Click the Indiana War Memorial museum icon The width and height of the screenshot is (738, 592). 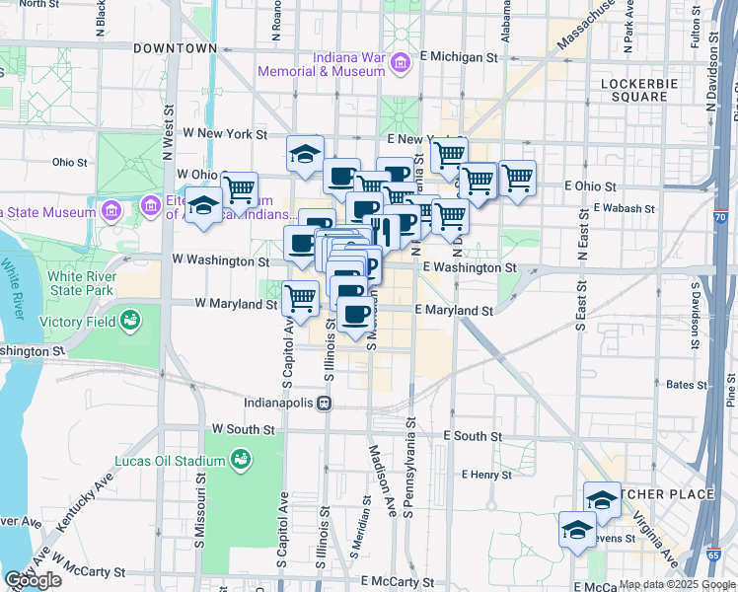[401, 65]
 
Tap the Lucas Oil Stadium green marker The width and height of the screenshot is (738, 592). [240, 459]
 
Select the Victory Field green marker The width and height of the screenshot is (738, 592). [129, 320]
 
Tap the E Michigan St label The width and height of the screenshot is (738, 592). [463, 57]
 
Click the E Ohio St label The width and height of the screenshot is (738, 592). [590, 185]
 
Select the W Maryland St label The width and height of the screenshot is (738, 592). [236, 304]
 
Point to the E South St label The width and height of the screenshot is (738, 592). [473, 435]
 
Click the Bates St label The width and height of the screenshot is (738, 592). [681, 385]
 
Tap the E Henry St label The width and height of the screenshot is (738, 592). [485, 475]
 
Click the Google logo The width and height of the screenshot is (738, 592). [33, 580]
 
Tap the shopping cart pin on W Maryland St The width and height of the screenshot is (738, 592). [301, 297]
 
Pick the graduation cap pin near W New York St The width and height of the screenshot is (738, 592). [306, 153]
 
